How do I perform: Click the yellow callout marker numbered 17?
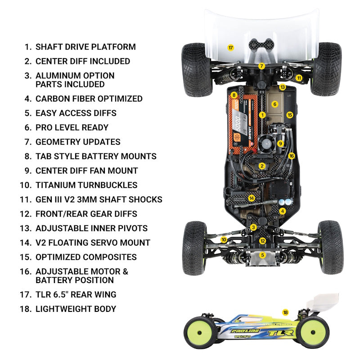click(230, 47)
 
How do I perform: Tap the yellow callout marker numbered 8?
click(234, 95)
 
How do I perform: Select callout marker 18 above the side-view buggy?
click(285, 312)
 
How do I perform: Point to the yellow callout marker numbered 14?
click(252, 198)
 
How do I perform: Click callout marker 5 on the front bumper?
click(263, 255)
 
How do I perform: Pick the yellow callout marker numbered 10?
click(224, 240)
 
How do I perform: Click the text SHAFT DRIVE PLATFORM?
click(85, 47)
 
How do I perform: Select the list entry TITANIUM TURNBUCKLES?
click(86, 185)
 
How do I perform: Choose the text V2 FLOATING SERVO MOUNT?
click(93, 243)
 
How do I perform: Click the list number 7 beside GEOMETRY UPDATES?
click(27, 142)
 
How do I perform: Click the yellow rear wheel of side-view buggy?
click(313, 332)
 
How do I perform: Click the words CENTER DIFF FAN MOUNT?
click(86, 171)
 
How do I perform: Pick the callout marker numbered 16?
click(292, 156)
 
